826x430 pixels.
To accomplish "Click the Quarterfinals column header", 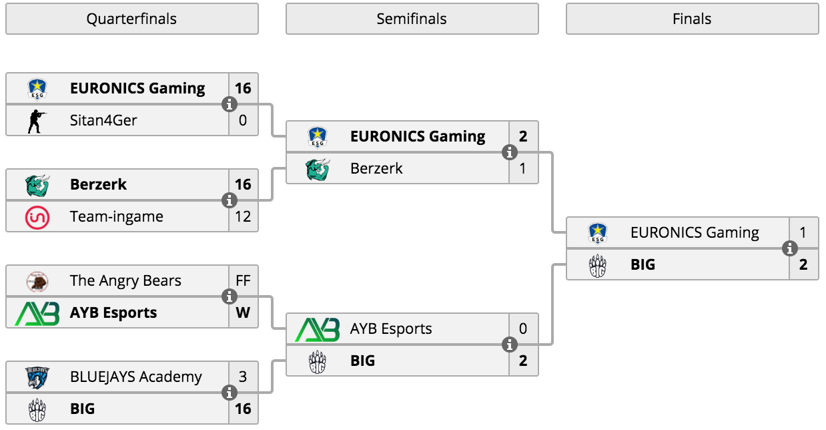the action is click(132, 19).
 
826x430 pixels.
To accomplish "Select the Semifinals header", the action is click(412, 19).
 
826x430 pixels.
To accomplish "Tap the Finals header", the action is click(692, 19).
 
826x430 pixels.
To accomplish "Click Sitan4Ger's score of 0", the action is click(243, 120).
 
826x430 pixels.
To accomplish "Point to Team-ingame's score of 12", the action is click(243, 216).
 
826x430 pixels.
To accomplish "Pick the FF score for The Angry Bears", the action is click(243, 280).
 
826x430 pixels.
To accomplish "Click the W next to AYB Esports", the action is click(243, 312).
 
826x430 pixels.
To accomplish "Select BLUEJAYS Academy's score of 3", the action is click(243, 377).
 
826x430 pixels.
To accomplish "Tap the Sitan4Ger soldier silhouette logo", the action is click(37, 121).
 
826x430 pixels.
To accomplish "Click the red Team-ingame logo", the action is click(37, 218).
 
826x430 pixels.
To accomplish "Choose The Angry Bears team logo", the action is click(37, 282).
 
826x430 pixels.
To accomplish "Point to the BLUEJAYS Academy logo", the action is click(37, 378).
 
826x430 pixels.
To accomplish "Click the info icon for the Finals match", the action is click(789, 248).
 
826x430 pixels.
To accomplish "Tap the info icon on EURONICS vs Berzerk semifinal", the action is click(510, 152).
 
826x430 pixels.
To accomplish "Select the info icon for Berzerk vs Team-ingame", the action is click(230, 200).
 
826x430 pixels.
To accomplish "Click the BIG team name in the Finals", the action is click(643, 264).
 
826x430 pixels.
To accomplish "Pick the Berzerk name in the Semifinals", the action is click(376, 169).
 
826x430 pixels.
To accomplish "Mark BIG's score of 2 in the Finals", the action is click(803, 264).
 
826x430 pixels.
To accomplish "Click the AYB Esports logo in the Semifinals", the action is click(318, 330).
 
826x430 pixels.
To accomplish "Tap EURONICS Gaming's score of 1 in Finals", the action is click(803, 232).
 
